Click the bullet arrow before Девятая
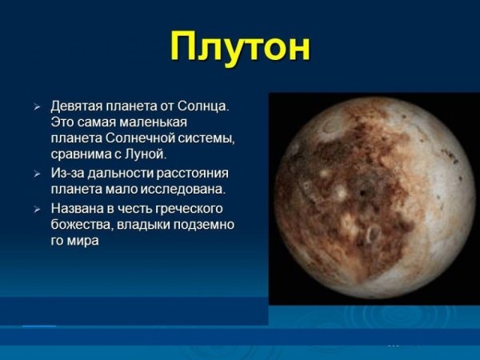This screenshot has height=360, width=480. (37, 106)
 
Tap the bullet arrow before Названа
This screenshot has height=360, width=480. (37, 210)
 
